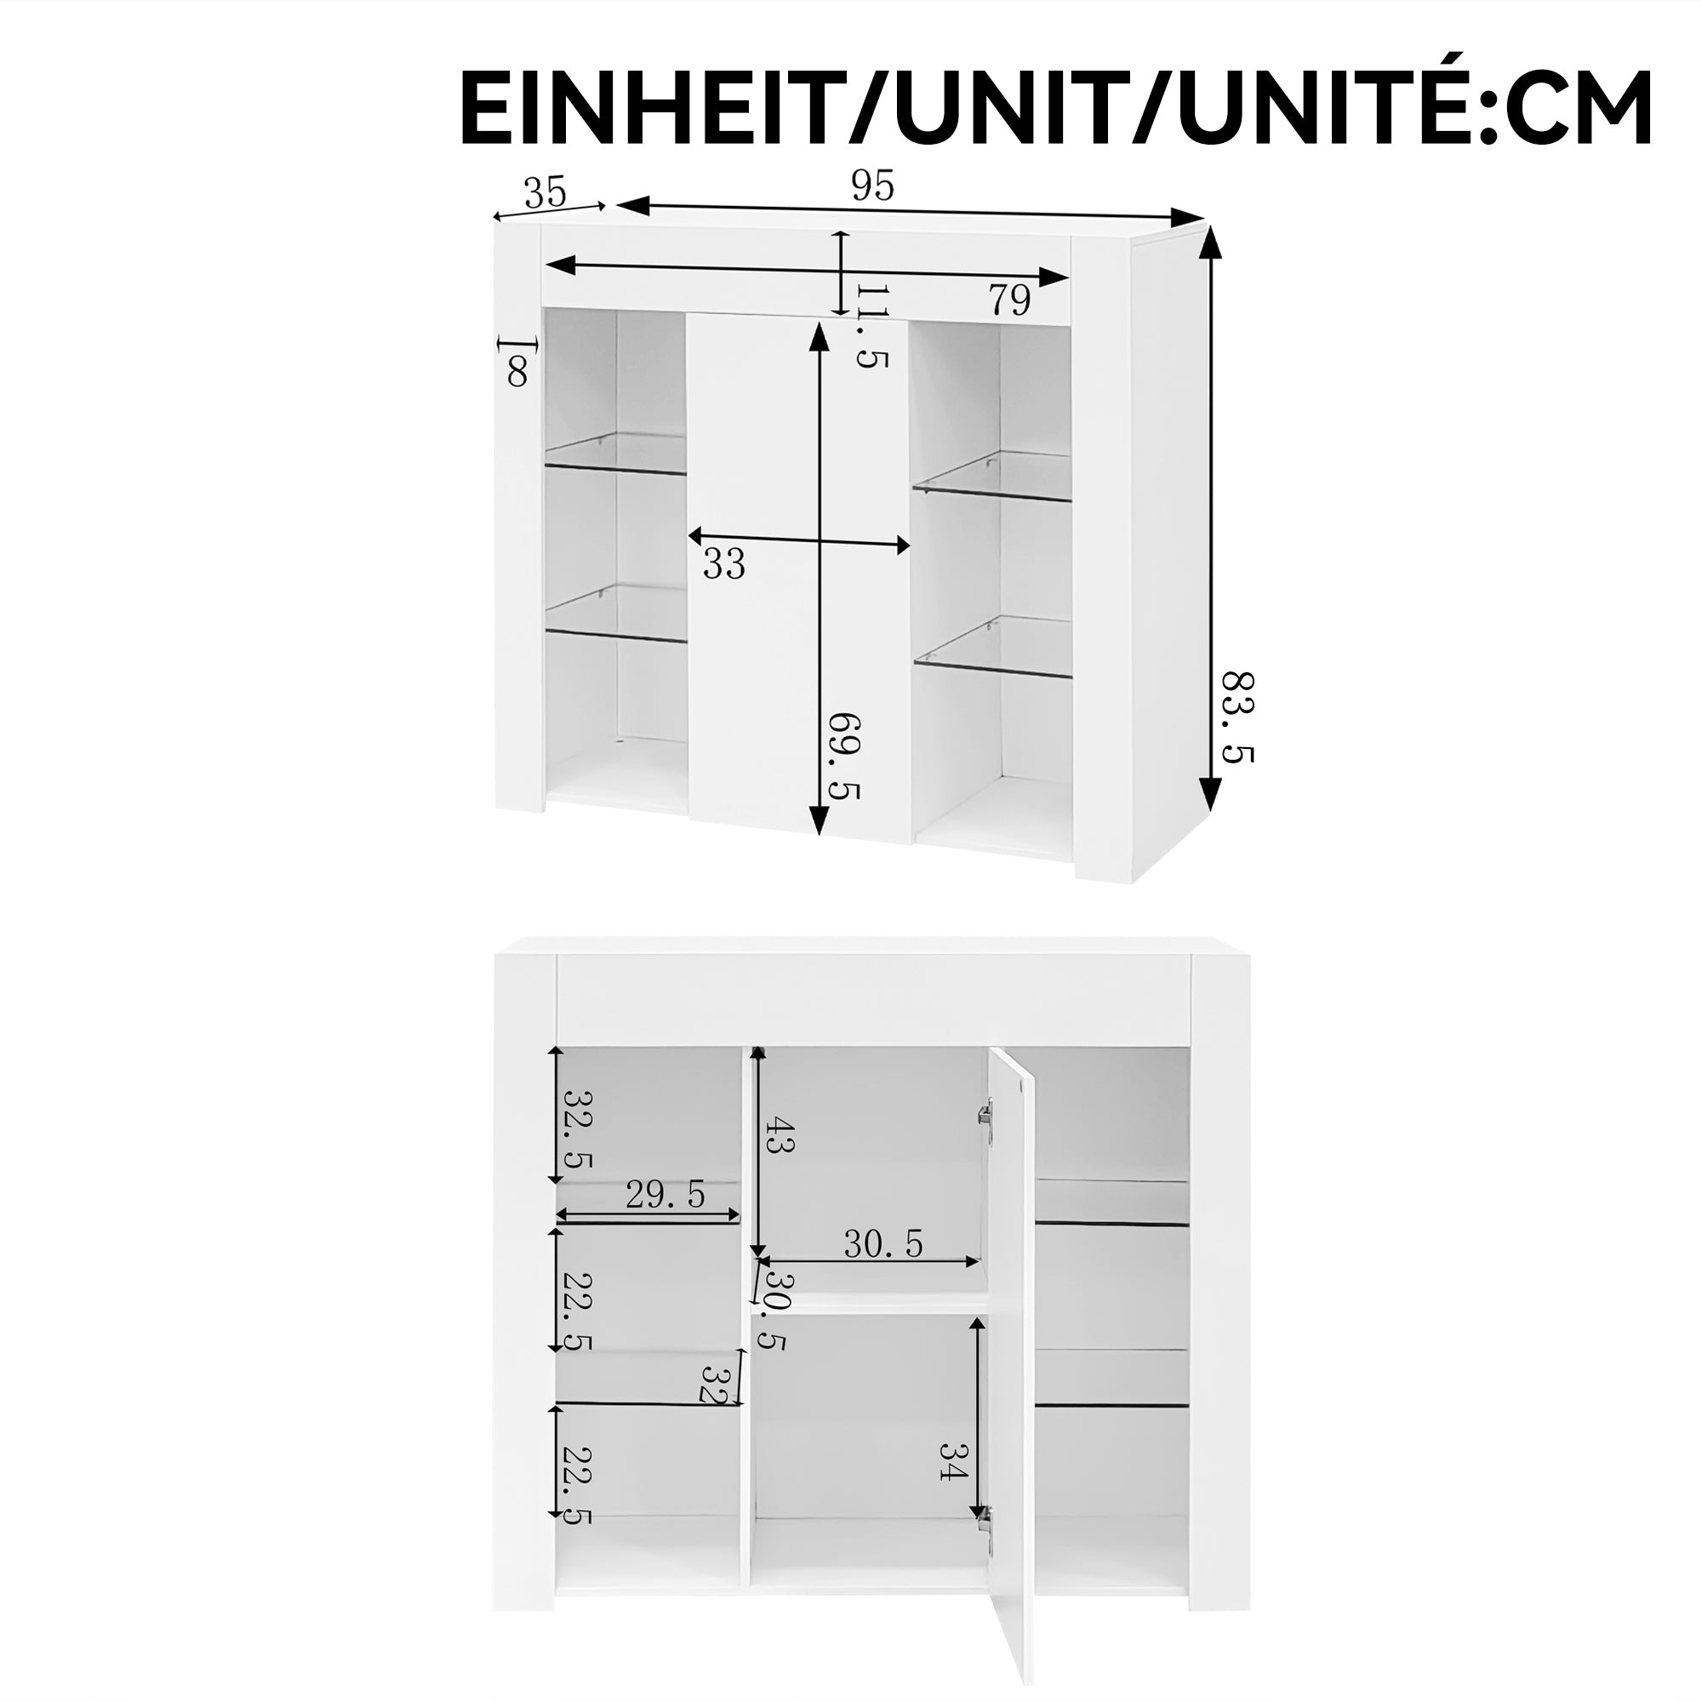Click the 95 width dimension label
pyautogui.click(x=872, y=186)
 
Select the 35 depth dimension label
pyautogui.click(x=545, y=192)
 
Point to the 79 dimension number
pyautogui.click(x=1009, y=301)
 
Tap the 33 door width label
pyautogui.click(x=724, y=564)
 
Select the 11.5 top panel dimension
pyautogui.click(x=871, y=325)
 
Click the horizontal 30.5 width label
pyautogui.click(x=882, y=1244)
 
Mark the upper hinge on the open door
pyautogui.click(x=985, y=1115)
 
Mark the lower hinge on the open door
pyautogui.click(x=984, y=1529)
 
